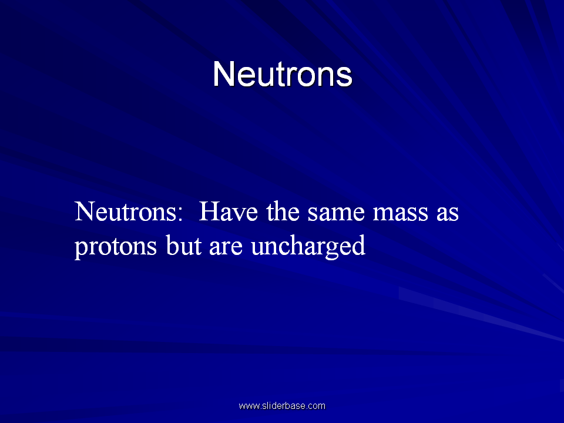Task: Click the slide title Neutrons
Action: point(283,74)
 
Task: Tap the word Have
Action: point(229,211)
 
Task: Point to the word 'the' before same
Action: point(283,211)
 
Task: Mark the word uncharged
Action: point(308,247)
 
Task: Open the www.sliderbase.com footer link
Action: point(282,406)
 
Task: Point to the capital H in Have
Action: point(210,211)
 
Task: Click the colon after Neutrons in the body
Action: point(180,214)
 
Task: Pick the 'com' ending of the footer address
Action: point(317,407)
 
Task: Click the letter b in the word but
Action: point(172,246)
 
